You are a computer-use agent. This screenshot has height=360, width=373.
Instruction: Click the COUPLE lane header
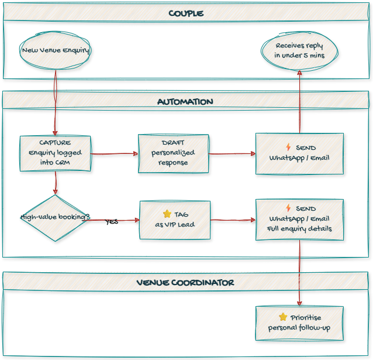point(186,13)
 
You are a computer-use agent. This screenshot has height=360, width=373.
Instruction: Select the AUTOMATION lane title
point(186,101)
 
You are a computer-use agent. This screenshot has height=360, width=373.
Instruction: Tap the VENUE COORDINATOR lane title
point(186,282)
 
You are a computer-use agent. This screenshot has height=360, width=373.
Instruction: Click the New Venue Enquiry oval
point(56,50)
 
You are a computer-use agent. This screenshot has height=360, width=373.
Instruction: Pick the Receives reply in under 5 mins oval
point(299,50)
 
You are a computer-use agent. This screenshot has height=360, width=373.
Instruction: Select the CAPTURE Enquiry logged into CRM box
point(56,153)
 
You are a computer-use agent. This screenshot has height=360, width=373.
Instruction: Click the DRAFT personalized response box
point(173,153)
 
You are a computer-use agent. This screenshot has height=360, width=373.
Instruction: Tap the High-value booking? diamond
point(56,217)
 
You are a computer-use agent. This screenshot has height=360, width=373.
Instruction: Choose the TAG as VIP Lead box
point(175,220)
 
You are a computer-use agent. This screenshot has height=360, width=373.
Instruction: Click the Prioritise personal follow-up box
point(299,323)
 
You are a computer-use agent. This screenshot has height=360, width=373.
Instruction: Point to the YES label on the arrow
point(112,222)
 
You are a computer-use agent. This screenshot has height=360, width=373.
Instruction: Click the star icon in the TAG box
point(167,214)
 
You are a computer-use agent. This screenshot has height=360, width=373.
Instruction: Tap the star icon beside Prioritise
point(283,317)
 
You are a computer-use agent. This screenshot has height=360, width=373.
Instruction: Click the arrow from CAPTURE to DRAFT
point(114,154)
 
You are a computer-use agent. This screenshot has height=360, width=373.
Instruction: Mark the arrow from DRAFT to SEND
point(232,154)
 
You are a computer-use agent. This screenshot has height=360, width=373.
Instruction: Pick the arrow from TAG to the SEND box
point(233,220)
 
